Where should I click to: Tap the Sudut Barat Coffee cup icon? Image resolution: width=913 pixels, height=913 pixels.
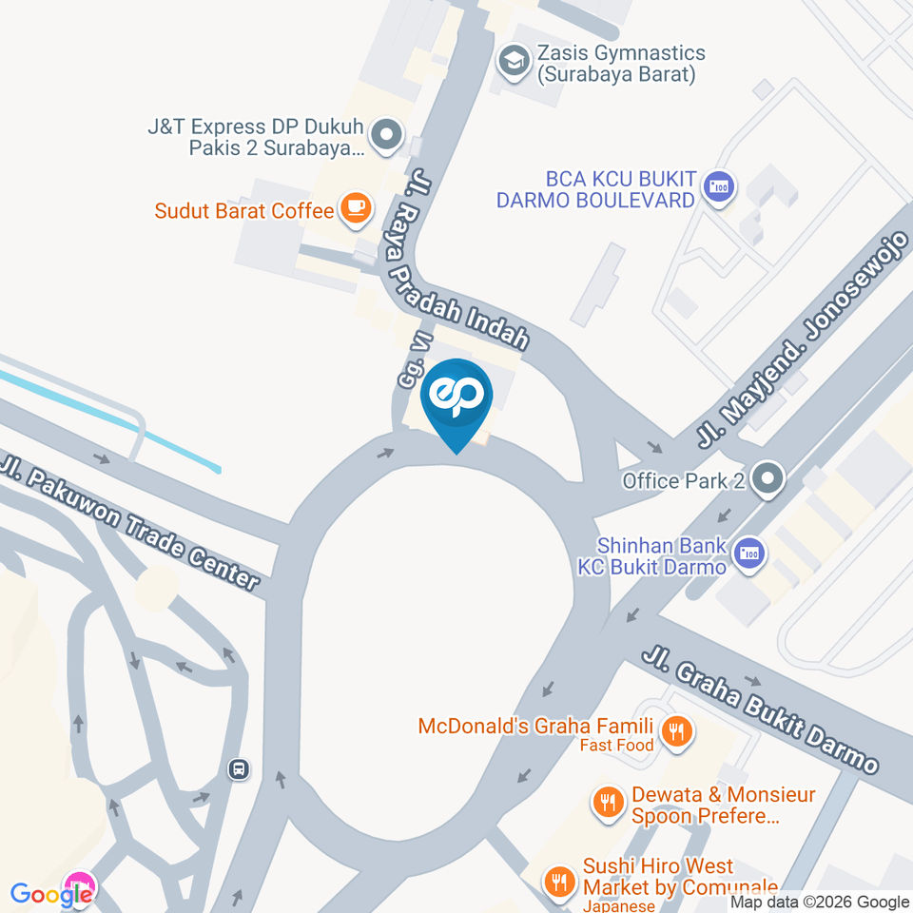(356, 208)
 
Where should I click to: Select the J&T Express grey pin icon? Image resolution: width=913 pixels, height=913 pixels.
(386, 137)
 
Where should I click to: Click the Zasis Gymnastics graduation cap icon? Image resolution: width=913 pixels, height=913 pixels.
(515, 62)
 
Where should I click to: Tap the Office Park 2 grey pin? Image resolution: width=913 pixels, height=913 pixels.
(767, 479)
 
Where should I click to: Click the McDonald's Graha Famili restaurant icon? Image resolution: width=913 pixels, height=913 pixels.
(676, 731)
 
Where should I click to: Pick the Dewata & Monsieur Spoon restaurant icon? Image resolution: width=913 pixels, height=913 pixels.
(607, 805)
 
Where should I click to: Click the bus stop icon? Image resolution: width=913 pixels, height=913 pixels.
(240, 768)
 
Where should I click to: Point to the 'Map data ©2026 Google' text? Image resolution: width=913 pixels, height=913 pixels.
(819, 902)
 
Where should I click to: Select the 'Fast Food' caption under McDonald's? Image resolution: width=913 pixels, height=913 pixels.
(617, 746)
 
